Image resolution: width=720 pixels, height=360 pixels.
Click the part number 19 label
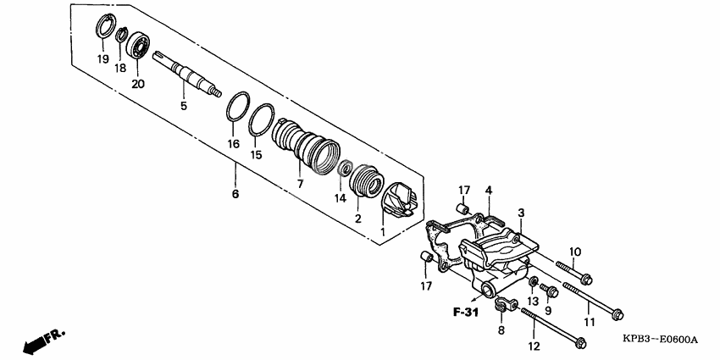point(102,58)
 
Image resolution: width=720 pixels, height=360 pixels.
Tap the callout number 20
point(138,83)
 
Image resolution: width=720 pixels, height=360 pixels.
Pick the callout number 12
point(533,346)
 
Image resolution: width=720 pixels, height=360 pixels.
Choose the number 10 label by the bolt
point(574,252)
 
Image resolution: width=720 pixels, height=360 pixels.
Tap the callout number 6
point(235,194)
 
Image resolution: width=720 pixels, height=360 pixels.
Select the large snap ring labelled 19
point(104,25)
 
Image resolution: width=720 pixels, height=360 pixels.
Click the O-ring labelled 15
point(262,119)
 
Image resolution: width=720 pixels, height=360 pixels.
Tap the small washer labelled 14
point(344,170)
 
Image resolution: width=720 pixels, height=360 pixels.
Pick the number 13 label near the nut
point(533,301)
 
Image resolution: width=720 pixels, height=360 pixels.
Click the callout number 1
point(382,231)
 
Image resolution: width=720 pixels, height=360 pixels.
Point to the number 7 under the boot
point(299,184)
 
